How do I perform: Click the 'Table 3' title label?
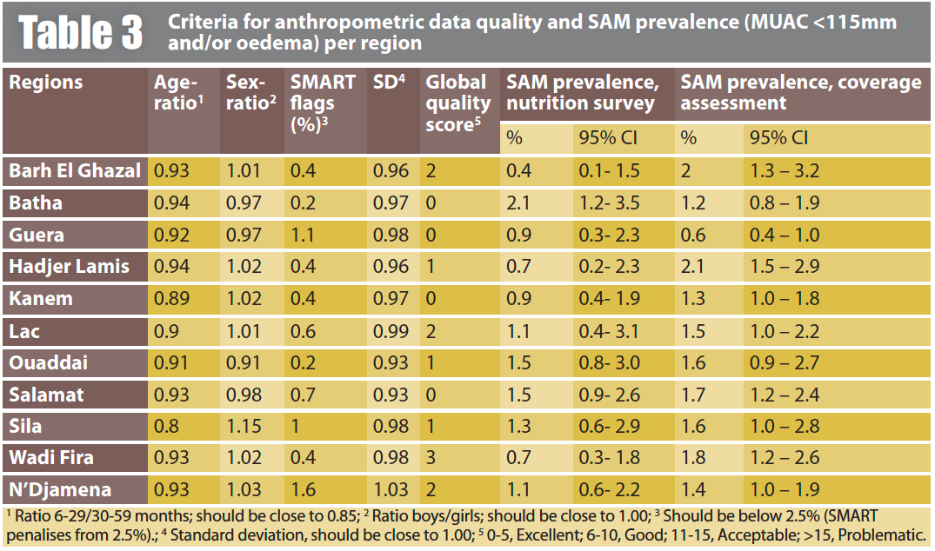81,32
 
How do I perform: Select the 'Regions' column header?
46,83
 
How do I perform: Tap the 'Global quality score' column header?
457,103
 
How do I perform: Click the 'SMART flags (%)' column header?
323,103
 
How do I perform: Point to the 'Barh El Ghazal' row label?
75,170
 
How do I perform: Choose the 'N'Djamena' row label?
60,489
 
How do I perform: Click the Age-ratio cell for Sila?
166,426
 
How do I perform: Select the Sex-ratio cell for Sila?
243,426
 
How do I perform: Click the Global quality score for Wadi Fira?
431,457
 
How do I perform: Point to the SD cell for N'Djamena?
391,489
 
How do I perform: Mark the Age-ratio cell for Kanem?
171,298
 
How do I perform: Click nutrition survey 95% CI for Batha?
610,202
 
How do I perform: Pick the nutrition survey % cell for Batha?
518,202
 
